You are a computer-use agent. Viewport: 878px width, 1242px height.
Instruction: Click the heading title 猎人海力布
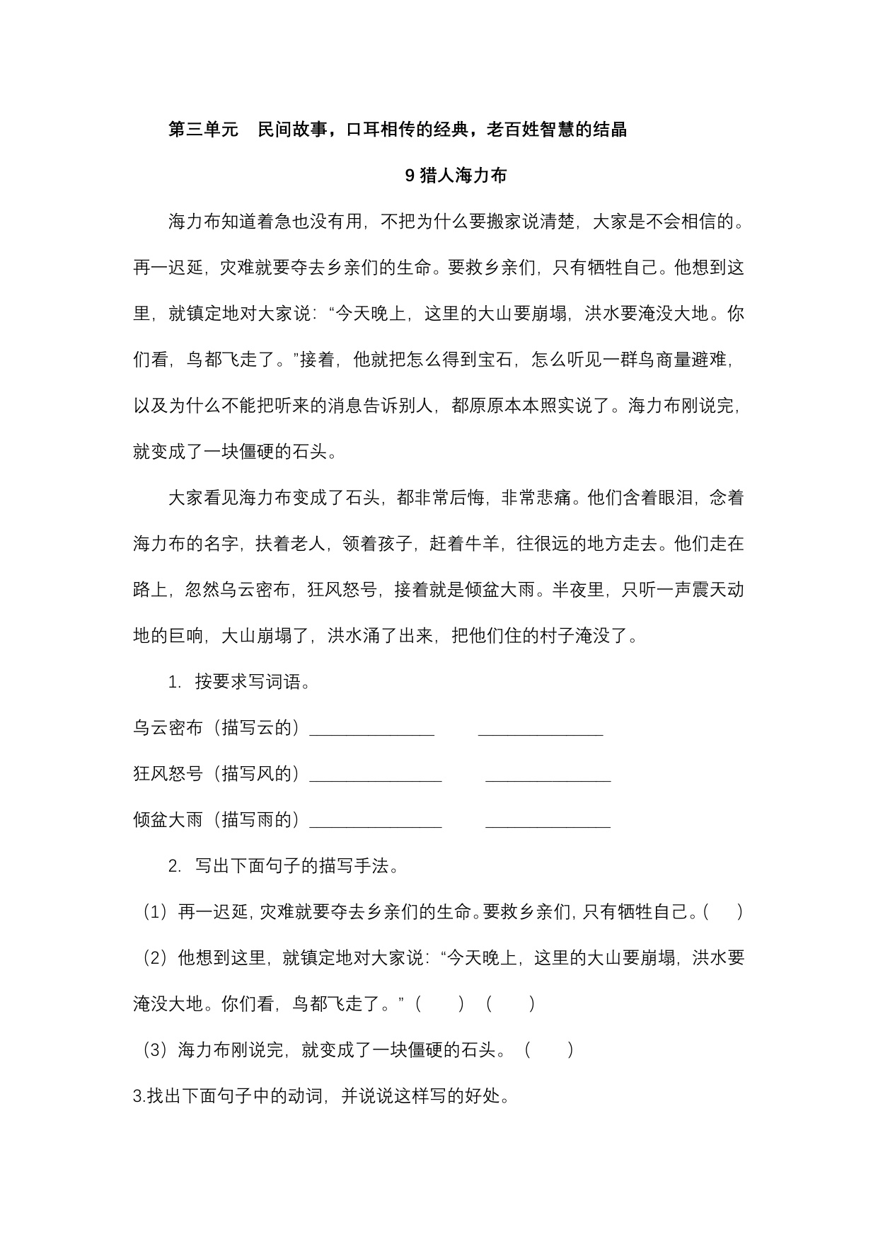coord(463,176)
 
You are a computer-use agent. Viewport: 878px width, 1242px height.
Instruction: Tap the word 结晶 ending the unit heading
coord(609,130)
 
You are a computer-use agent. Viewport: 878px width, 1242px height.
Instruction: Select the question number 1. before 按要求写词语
coord(175,682)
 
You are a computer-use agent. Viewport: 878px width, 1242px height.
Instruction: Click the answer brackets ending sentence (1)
coord(723,912)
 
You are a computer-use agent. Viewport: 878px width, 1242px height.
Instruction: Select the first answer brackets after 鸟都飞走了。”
coord(440,1004)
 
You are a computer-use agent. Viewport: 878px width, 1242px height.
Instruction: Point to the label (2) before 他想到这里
coord(156,958)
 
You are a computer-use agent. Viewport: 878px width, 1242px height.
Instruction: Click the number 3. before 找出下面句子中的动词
coord(139,1096)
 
